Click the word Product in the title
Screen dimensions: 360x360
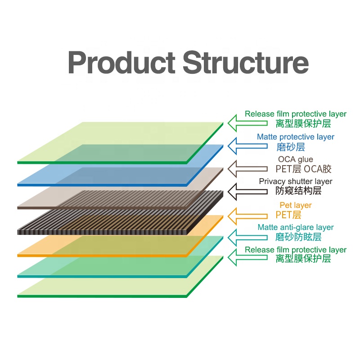pos(121,63)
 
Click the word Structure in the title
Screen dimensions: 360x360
pos(245,63)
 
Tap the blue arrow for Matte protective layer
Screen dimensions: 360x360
pos(247,146)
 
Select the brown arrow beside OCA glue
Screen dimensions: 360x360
pos(247,169)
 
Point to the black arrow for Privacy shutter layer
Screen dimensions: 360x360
pos(247,192)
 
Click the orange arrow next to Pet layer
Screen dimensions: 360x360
pos(247,216)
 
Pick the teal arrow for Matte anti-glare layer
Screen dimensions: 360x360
pos(247,238)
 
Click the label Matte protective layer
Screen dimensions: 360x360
pos(296,137)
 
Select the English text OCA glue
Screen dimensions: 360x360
pos(296,159)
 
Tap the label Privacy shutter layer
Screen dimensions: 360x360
pos(296,181)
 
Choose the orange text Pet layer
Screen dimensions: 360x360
pos(296,205)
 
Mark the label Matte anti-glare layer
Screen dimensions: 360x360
pos(296,227)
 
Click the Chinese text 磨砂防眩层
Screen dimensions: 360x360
pos(298,237)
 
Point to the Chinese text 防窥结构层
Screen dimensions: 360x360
pos(298,191)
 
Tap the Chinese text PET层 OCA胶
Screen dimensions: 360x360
pos(303,169)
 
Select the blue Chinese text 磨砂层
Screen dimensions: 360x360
pos(290,147)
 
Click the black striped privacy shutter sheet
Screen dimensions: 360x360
pos(120,213)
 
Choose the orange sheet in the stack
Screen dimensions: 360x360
pos(120,236)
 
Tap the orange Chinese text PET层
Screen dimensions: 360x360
pos(288,215)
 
